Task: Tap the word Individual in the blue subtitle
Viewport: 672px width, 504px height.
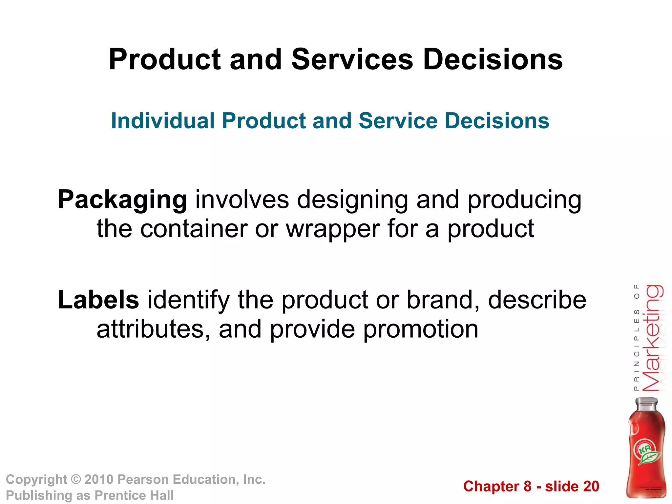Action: point(163,121)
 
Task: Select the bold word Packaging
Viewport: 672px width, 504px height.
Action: point(122,200)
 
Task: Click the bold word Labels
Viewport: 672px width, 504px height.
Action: point(98,300)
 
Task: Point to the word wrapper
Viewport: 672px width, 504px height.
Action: point(333,229)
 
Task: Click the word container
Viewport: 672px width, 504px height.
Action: point(194,229)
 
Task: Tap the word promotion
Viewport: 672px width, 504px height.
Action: point(421,329)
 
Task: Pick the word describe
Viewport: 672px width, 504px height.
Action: point(537,300)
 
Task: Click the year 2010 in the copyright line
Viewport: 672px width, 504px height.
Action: point(99,479)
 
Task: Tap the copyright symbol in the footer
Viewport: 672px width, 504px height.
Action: point(76,480)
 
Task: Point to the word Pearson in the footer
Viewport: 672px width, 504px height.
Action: point(143,479)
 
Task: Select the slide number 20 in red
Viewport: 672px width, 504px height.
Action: point(590,486)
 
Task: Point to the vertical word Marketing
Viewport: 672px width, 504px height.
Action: point(652,338)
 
